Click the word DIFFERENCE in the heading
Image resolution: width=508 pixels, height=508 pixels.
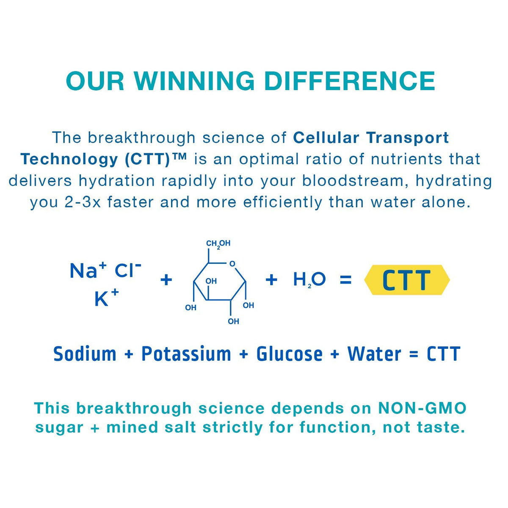point(350,81)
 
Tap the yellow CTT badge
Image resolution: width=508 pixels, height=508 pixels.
point(406,280)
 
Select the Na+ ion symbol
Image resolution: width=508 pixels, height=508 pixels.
point(88,270)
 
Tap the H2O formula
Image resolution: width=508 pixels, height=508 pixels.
point(309,280)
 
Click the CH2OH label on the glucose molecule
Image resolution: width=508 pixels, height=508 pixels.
point(218,243)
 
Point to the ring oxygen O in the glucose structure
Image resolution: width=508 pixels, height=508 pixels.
point(232,264)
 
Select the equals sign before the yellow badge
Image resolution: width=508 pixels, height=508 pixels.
point(345,280)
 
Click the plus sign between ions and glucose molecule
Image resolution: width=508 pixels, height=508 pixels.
point(166,280)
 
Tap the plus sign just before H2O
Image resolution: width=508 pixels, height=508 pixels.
point(271,280)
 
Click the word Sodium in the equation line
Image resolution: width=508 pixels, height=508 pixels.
point(85,354)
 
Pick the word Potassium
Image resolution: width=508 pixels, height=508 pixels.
point(186,354)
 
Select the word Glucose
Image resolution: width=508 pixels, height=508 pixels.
point(290,354)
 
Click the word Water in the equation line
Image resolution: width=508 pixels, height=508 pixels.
point(375,354)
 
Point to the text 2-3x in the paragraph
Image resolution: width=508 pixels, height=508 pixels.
point(83,202)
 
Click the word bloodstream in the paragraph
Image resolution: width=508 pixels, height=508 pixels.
point(355,181)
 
